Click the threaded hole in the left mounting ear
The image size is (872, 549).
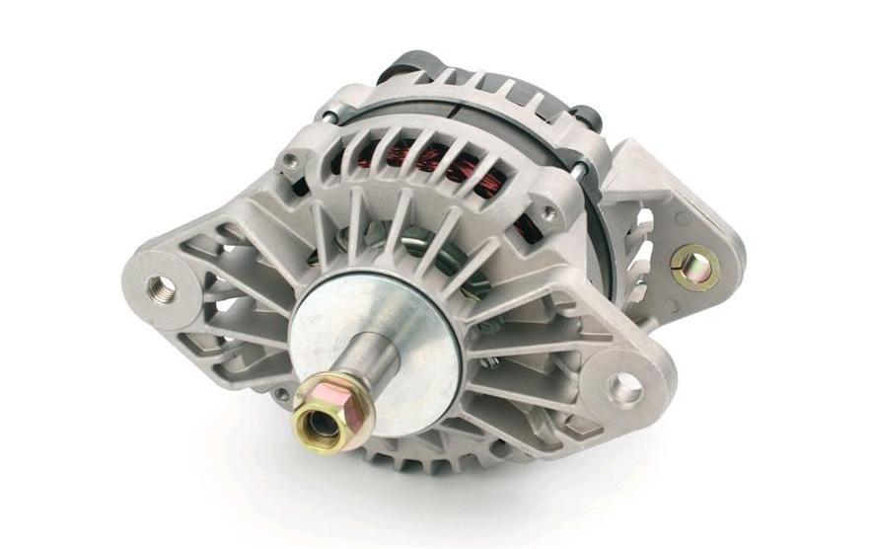[x=161, y=288]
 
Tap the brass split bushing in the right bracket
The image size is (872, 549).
[x=694, y=266]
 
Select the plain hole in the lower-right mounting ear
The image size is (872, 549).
[x=624, y=388]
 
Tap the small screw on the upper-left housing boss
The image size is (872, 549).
[x=290, y=159]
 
